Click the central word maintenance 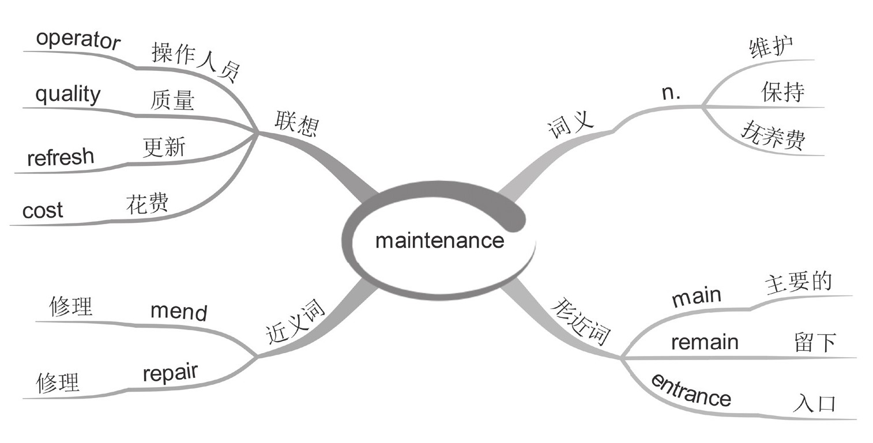439,240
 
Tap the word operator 78,40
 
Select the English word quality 67,94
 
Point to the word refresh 60,157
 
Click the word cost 43,211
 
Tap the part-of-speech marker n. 671,93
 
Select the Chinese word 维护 772,47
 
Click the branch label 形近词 581,320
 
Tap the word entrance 691,391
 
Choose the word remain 705,343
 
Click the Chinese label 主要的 799,283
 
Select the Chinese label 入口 814,403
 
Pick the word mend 178,312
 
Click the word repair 170,373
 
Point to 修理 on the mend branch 71,306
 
